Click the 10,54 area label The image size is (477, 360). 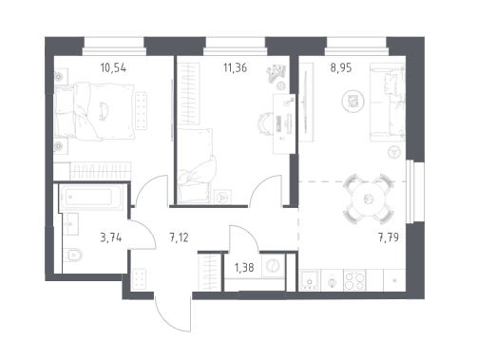113,67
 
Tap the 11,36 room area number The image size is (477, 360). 235,67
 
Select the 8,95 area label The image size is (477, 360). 341,67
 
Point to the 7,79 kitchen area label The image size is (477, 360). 389,237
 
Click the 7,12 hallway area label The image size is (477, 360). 179,237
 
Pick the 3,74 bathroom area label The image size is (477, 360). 111,237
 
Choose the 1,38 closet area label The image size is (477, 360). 244,268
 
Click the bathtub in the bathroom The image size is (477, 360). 91,197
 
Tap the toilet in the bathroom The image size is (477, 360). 72,255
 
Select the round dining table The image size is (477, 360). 369,199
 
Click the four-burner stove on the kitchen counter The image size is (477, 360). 354,280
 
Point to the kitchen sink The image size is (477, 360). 310,280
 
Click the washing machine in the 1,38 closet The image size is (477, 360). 273,266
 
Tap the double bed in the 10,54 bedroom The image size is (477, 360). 94,111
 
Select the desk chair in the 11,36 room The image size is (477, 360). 265,123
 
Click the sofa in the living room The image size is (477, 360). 388,102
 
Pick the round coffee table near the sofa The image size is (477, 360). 353,102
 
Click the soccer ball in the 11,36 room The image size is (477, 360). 281,85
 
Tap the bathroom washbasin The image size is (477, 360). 70,224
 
